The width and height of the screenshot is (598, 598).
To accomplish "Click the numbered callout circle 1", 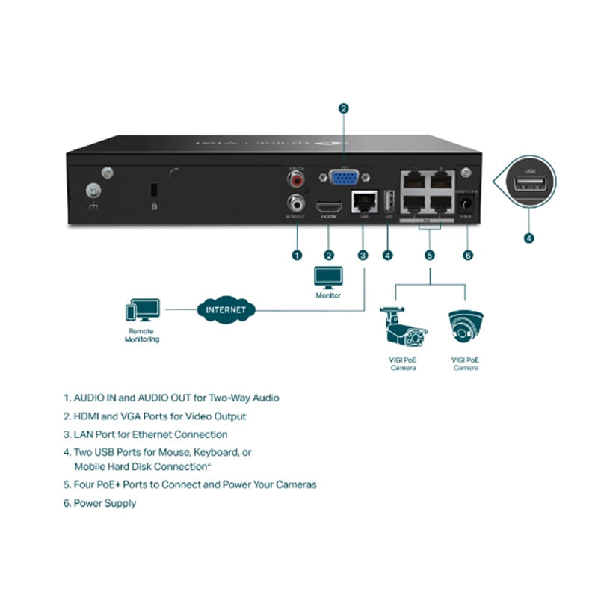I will pos(297,255).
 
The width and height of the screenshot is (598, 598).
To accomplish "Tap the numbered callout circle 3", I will pos(363,255).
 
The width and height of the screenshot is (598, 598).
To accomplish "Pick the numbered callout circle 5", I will pos(430,255).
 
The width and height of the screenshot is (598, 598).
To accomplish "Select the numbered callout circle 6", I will pos(468,255).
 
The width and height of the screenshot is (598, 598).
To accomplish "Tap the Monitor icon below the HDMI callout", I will pos(329,278).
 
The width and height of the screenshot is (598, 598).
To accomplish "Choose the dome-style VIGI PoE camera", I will pos(465,327).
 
